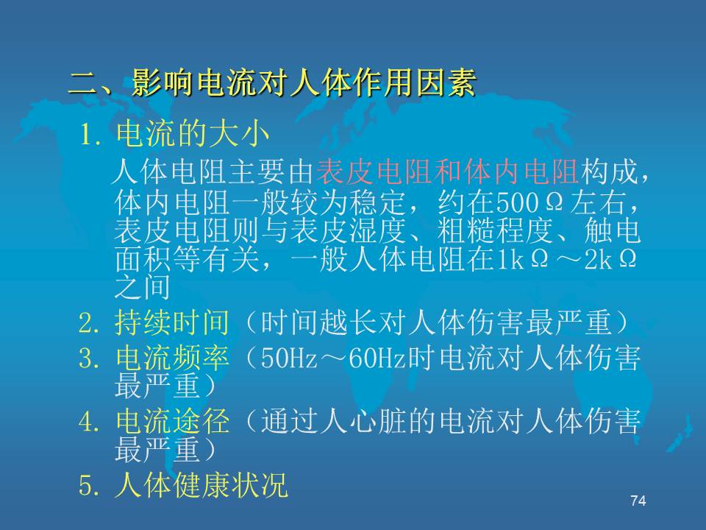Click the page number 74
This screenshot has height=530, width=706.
(x=638, y=501)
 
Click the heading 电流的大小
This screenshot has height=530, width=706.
(x=193, y=133)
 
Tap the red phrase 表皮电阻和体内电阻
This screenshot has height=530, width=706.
(x=448, y=172)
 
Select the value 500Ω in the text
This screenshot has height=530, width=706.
(x=529, y=203)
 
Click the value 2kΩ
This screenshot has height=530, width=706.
(x=610, y=260)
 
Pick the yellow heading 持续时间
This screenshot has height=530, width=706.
(x=172, y=322)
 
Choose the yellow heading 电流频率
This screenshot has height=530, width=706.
(x=172, y=358)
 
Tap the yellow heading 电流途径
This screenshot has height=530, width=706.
(x=172, y=421)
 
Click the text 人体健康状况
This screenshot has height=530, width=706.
(x=201, y=485)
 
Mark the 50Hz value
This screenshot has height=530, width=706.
(x=289, y=358)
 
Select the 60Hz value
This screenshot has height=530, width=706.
(x=377, y=358)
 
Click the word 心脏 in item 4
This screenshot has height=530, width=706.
(x=377, y=422)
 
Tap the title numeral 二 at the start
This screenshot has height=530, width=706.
(x=84, y=84)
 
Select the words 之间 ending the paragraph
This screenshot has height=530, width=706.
(x=142, y=287)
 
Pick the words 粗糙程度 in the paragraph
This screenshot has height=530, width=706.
(x=494, y=230)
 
